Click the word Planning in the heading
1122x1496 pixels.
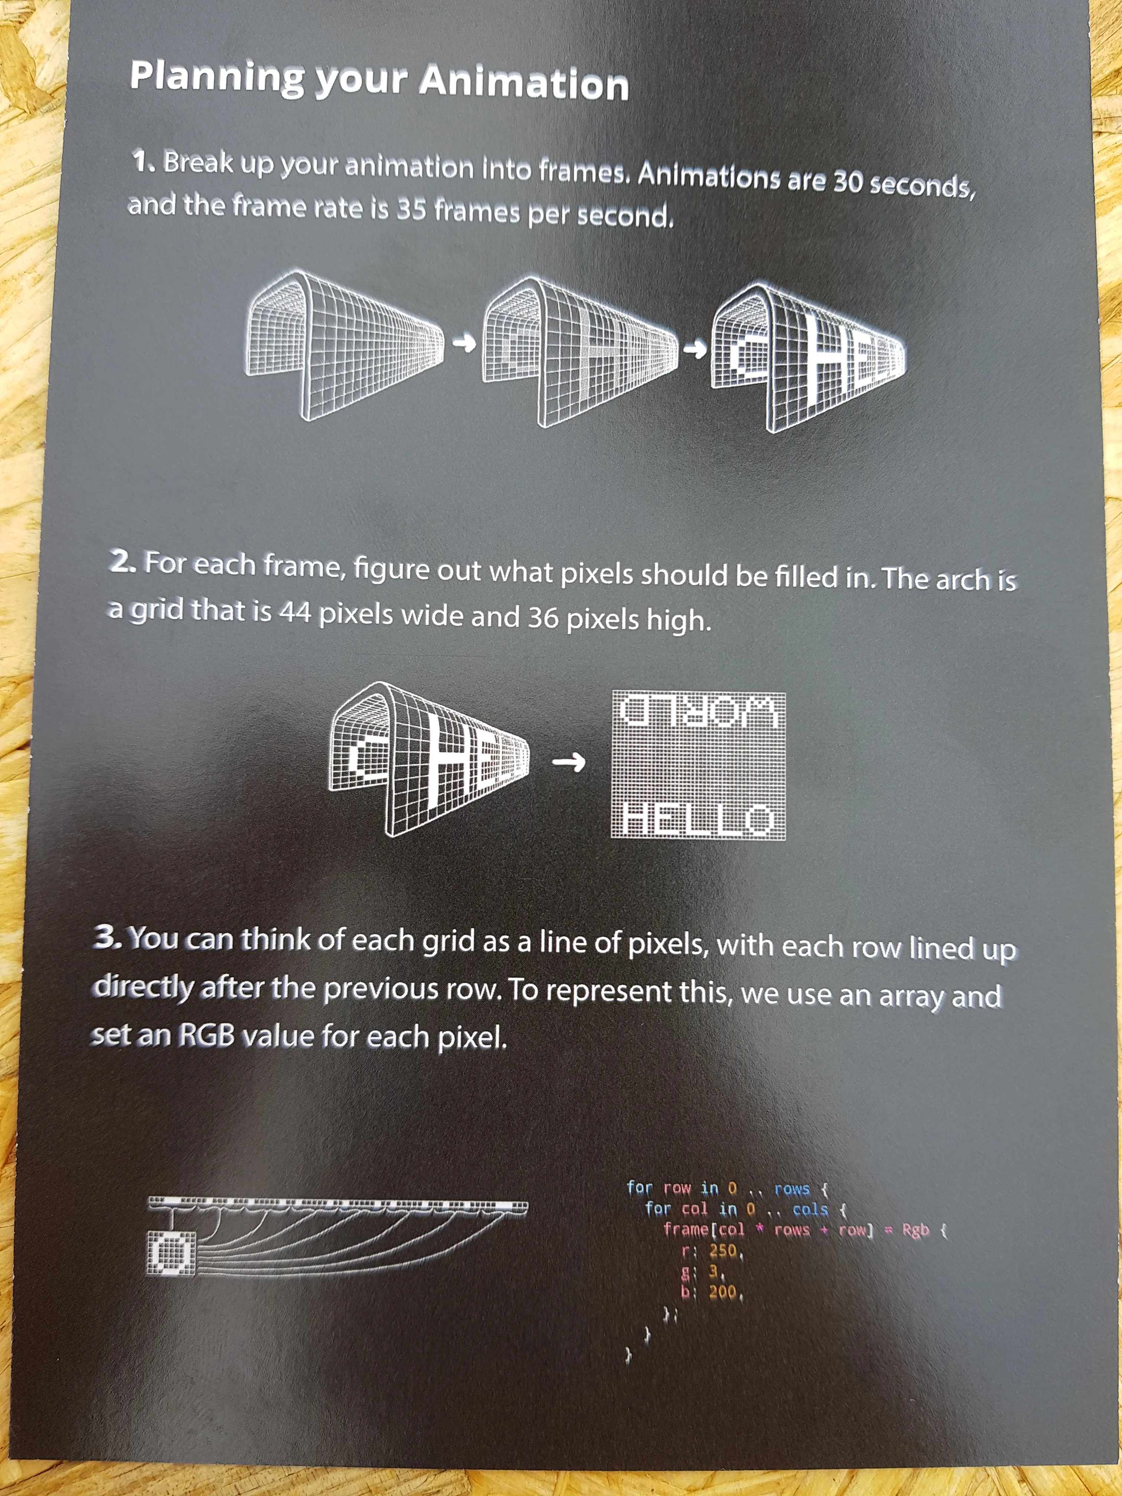click(x=216, y=78)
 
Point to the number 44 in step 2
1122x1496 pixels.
click(x=296, y=612)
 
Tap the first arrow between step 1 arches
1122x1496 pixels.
click(x=464, y=344)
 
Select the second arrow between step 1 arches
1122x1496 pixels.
click(x=695, y=349)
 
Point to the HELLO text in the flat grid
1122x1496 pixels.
click(x=697, y=819)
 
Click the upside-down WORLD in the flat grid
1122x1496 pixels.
click(x=699, y=712)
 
